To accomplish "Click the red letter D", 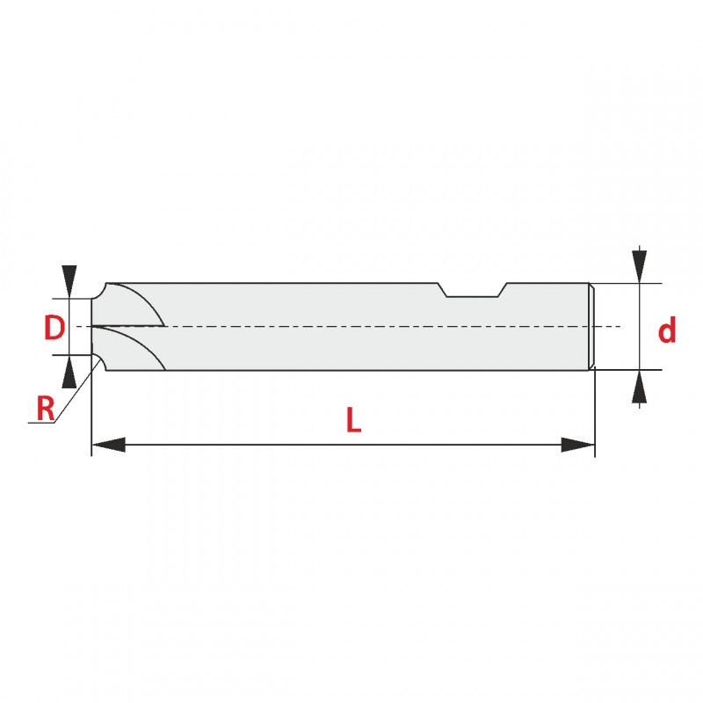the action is click(54, 327).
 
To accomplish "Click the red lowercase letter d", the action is click(667, 330).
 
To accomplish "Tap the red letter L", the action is click(353, 420).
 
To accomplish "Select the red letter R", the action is click(46, 409).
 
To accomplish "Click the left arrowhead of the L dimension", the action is click(108, 445).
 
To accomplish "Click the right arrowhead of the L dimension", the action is click(578, 445).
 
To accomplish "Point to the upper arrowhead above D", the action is click(69, 281).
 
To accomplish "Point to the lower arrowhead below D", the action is click(69, 372).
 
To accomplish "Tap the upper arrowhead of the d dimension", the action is click(639, 266).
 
